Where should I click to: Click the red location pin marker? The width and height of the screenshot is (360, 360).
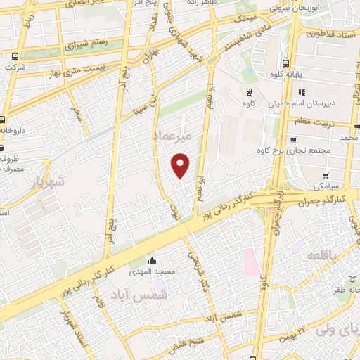click(x=181, y=166)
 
